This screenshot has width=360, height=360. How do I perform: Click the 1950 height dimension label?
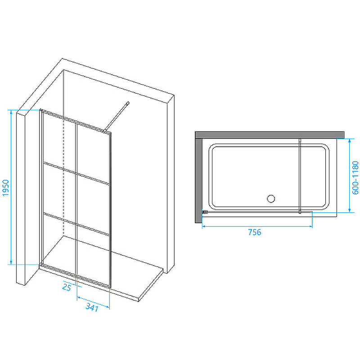point(5,188)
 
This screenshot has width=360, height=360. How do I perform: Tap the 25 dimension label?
point(67,287)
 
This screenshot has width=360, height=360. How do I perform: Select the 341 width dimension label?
point(92,307)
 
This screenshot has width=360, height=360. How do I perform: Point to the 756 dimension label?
point(255,232)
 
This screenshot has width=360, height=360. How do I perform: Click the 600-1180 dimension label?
point(355,177)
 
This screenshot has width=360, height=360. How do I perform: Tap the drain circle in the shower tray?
point(271,198)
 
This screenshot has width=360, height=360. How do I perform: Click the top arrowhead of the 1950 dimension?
point(11,112)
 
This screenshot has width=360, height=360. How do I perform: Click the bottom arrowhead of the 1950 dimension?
point(11,262)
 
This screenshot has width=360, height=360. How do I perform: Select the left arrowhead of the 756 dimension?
point(204,227)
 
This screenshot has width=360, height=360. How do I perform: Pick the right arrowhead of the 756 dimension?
point(310,227)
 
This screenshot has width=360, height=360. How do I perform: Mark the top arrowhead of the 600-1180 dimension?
point(349,140)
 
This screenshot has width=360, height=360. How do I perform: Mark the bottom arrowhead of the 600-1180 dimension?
point(349,210)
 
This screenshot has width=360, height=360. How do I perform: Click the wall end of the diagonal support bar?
point(128,103)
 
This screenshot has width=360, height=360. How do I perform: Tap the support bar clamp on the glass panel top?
point(104,131)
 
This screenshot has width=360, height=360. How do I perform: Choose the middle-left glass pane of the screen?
point(59,190)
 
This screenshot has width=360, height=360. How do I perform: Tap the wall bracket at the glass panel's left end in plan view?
point(205,212)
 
